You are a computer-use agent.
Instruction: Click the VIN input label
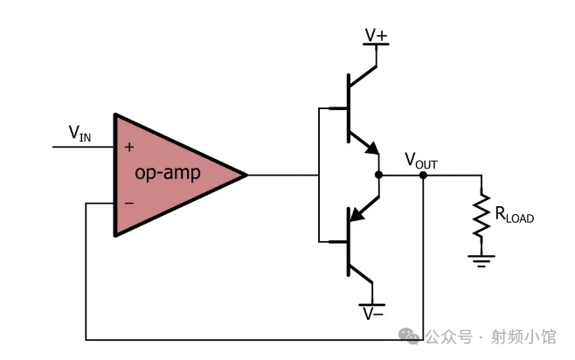80,134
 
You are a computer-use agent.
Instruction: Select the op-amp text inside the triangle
168,173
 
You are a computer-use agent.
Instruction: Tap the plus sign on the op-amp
128,147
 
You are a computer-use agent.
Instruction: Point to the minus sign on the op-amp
128,204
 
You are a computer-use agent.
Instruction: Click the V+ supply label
377,35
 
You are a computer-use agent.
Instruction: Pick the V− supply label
374,313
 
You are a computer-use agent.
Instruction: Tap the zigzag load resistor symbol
480,215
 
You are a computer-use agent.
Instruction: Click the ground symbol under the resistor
480,260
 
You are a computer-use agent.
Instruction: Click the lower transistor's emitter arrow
357,212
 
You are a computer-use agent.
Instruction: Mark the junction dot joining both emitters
378,175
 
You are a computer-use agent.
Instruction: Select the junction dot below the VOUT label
423,175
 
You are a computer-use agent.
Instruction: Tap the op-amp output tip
246,175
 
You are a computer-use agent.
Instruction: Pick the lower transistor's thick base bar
348,240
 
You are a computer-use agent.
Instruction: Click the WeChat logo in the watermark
407,336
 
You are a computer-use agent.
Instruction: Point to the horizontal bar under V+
377,45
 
